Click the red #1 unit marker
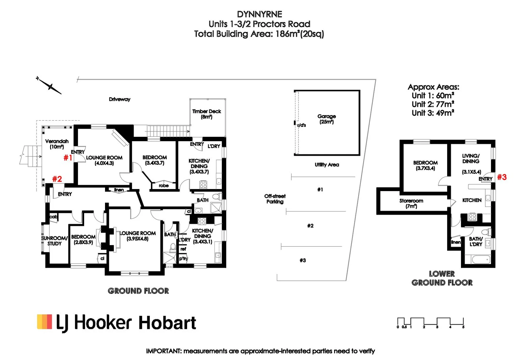click(68, 157)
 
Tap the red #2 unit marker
click(57, 179)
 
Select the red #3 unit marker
click(502, 177)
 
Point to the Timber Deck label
click(207, 114)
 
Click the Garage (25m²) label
click(327, 119)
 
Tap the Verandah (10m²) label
click(57, 144)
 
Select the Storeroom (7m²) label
click(411, 203)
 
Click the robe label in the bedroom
click(163, 186)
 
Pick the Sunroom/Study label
click(54, 241)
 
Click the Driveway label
click(120, 99)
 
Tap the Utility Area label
click(327, 164)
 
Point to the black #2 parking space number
click(310, 226)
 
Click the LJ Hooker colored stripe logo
click(45, 322)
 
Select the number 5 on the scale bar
click(463, 327)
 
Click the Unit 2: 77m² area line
click(433, 104)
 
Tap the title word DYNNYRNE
click(259, 14)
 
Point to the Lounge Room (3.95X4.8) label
click(137, 236)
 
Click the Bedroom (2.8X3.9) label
click(83, 239)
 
